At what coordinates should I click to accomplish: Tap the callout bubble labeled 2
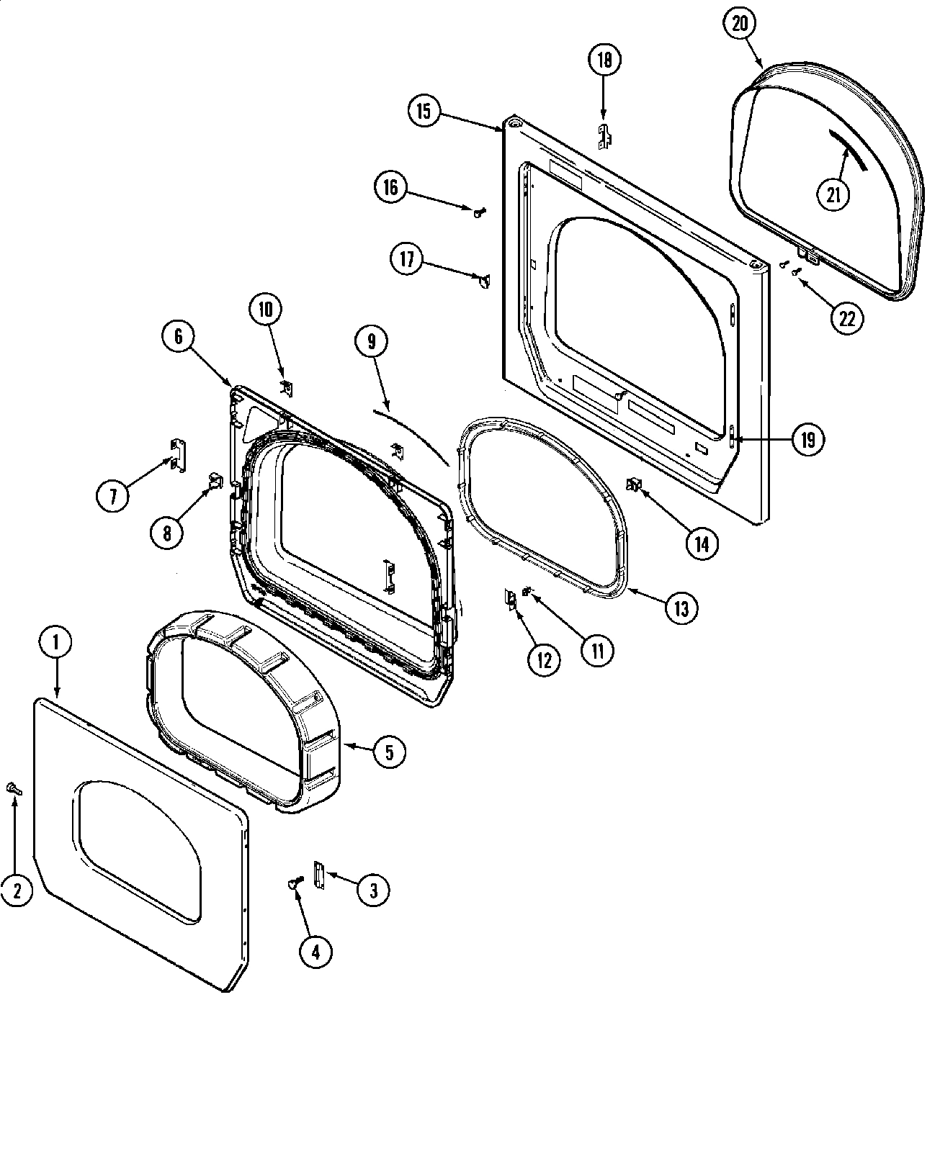click(16, 891)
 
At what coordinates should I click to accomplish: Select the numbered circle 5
click(389, 752)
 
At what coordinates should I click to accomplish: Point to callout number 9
click(372, 341)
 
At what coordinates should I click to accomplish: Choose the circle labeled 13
click(681, 608)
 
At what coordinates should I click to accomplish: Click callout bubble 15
click(424, 111)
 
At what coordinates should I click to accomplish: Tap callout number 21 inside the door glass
click(833, 195)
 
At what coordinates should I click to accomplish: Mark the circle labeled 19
click(807, 438)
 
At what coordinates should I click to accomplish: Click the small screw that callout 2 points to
click(13, 788)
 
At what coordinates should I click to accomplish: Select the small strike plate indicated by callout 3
click(318, 875)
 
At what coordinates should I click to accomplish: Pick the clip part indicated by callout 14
click(635, 486)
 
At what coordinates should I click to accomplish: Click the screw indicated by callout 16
click(479, 211)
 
